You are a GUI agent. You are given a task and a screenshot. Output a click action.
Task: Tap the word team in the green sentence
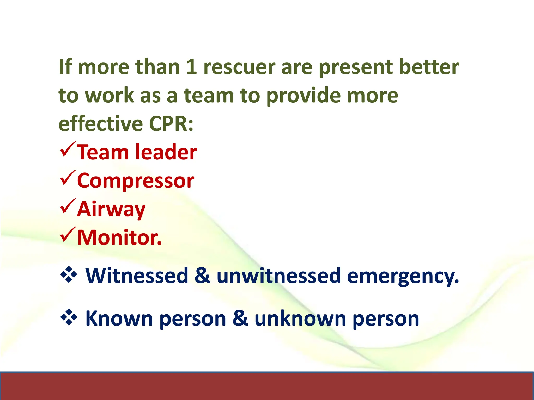point(209,95)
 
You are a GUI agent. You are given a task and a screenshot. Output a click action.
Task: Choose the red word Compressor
point(136,181)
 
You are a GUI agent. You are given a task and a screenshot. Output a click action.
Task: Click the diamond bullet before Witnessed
point(69,274)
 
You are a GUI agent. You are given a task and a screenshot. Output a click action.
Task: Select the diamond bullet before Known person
point(69,317)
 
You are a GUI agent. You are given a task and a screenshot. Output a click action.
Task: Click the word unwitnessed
point(278,276)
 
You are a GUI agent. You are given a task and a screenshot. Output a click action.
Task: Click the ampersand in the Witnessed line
point(202,276)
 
